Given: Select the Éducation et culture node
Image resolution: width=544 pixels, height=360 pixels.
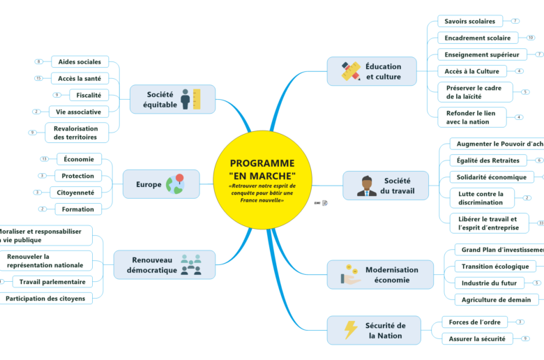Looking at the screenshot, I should (373, 71).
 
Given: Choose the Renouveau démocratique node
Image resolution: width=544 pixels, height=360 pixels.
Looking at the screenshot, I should (164, 265).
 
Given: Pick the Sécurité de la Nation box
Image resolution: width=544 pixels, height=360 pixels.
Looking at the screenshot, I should (374, 330).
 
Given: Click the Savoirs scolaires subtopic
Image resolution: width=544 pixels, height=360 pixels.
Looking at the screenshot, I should (470, 21).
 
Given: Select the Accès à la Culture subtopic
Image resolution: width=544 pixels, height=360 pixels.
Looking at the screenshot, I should (472, 71).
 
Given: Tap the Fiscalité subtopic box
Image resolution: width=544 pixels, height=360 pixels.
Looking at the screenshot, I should (88, 95).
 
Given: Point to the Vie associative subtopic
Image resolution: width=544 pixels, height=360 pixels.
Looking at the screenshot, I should (79, 112).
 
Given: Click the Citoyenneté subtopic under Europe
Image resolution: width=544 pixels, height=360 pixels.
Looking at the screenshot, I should (76, 192).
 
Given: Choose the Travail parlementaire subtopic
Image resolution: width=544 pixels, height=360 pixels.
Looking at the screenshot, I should (53, 282).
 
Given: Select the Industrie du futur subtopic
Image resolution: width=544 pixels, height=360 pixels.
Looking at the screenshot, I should (490, 283).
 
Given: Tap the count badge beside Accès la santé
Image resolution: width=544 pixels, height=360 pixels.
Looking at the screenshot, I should (38, 78).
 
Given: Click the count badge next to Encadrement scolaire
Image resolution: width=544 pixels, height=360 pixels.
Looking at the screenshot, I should (530, 38).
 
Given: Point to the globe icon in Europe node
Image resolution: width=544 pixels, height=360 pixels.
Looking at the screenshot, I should (174, 184).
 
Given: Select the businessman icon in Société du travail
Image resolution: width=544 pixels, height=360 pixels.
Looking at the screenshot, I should (367, 186).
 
